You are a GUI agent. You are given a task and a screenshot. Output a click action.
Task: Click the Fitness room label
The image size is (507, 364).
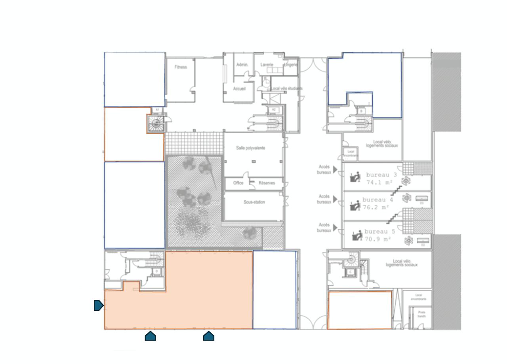coord(180,67)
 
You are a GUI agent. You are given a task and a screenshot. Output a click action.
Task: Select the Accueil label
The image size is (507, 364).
coord(239,89)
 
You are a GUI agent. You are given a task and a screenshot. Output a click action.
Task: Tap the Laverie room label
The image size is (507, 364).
coord(267,65)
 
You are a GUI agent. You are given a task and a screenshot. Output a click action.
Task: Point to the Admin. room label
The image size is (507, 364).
coord(242,65)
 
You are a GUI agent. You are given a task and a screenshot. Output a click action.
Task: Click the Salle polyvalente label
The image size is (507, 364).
coord(250,148)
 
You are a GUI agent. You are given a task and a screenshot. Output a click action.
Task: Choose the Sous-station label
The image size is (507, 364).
coord(254,202)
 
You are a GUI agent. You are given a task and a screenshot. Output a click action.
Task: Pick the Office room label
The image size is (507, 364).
coord(238,183)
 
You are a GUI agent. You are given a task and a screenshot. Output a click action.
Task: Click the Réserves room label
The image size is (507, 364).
coord(267,183)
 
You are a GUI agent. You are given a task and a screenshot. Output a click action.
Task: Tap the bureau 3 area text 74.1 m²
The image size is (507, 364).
coord(379,182)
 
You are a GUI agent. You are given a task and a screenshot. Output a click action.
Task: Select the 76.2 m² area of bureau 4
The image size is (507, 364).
coord(375,207)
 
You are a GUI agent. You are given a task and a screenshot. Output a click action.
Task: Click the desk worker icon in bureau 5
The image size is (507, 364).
coord(357,235)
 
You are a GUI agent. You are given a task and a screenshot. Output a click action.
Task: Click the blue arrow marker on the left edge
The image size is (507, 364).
coord(99,305)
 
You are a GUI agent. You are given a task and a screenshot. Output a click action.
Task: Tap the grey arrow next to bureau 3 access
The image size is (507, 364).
coord(335,170)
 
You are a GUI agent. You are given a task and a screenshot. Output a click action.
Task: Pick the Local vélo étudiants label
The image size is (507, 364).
coord(287,88)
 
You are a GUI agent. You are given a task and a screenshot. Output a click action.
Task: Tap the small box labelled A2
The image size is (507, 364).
coord(273,109)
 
